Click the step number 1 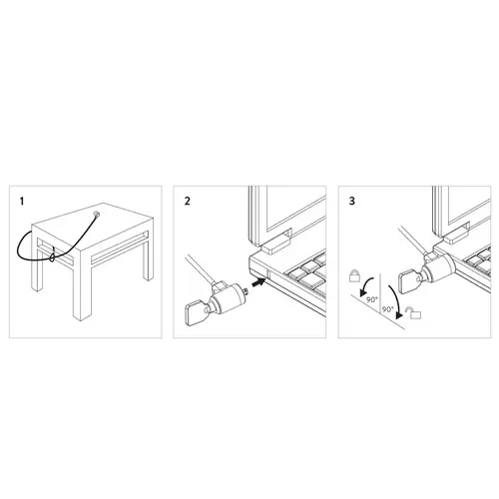pos(22,202)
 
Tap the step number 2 pos(188,201)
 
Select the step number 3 pos(352,201)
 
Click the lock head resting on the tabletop pos(97,215)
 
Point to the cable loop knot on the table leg pos(52,256)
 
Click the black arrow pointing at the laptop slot pos(259,282)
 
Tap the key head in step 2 pos(195,312)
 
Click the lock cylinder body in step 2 pos(227,298)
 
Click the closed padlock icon pos(354,275)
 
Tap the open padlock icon pos(413,312)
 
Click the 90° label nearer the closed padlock pos(372,299)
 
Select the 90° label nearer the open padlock pos(387,309)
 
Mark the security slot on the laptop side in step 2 pos(267,273)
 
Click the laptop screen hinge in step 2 pos(275,242)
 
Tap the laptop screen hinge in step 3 pos(455,233)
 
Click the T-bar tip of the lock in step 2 pos(248,291)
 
